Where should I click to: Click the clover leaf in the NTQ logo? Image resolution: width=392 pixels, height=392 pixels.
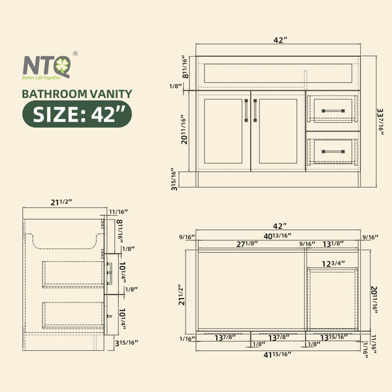point(62,65)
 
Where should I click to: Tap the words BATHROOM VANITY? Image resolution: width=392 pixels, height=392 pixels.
point(77,94)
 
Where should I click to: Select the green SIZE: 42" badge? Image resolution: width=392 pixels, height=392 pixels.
point(77,114)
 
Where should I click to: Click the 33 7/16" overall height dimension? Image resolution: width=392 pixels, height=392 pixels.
point(380,122)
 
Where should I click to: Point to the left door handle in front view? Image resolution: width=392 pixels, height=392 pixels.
point(246,110)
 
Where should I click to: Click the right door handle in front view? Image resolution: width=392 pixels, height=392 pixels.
point(255,110)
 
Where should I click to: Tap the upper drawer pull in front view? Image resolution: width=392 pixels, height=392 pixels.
point(333,111)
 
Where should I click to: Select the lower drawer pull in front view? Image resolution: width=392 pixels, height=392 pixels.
point(333,152)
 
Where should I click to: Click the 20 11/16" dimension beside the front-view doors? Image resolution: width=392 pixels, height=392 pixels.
point(184,129)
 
